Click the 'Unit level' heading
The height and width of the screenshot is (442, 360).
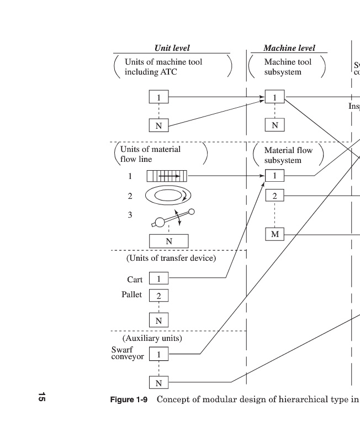pos(172,49)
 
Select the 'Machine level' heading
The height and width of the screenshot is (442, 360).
pos(289,49)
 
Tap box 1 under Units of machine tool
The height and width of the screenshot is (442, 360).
pos(158,97)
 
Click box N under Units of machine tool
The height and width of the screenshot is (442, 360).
pos(158,125)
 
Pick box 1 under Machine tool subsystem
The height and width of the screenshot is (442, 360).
pos(274,97)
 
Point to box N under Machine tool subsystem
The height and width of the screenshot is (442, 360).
pos(274,125)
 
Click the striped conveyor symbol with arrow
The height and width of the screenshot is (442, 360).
pos(167,176)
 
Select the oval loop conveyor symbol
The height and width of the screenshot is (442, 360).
pos(168,195)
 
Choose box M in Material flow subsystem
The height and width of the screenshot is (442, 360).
pos(274,234)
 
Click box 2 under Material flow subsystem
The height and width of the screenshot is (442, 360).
pos(274,196)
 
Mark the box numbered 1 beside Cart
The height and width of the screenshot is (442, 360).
pos(158,279)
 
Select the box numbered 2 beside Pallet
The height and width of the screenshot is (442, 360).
pos(158,296)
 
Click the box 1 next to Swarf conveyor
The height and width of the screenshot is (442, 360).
pos(158,354)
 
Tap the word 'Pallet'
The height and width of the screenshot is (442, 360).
pos(132,294)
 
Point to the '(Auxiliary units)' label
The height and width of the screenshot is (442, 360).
pos(152,338)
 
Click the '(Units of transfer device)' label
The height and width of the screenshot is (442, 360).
pos(171,258)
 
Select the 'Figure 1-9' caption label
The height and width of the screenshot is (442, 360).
pos(129,399)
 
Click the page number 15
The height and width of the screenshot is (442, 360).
pos(41,396)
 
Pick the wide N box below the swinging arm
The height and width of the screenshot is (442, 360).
pos(169,241)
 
